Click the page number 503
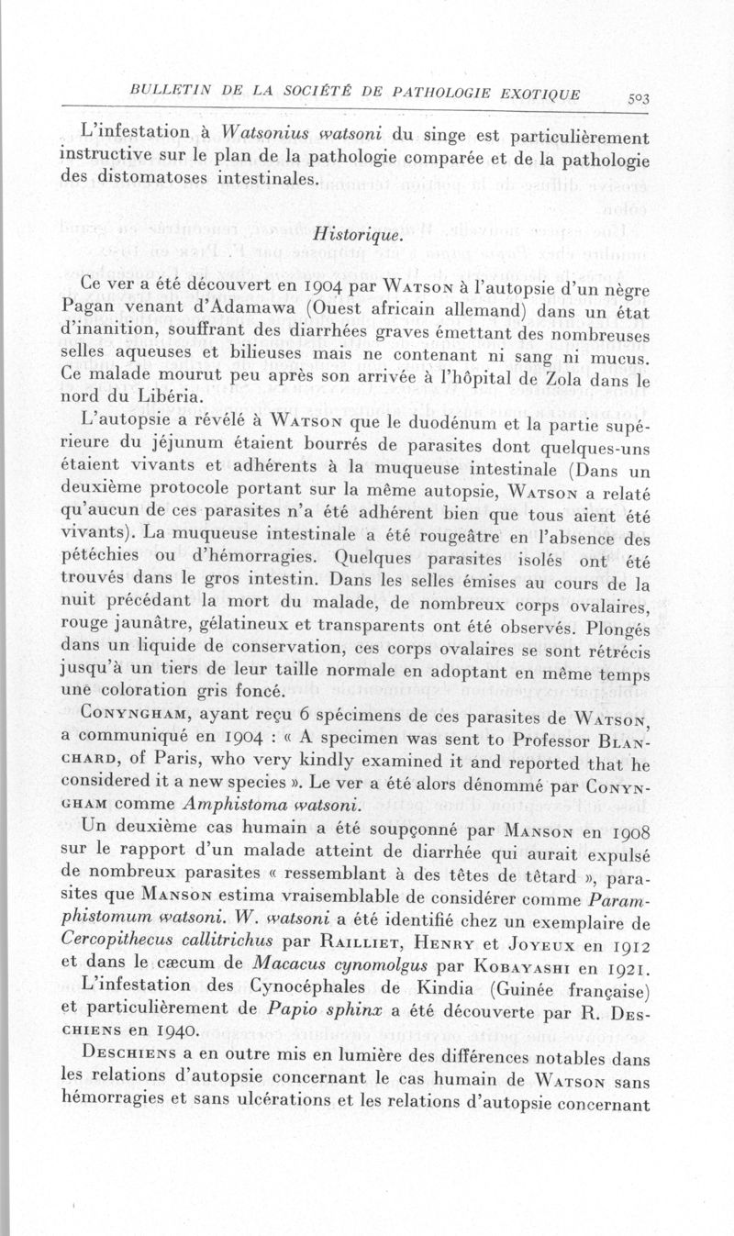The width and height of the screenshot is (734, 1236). point(634,97)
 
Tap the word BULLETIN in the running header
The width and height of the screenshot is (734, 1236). point(169,92)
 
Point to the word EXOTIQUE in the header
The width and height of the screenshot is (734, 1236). point(541,93)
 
